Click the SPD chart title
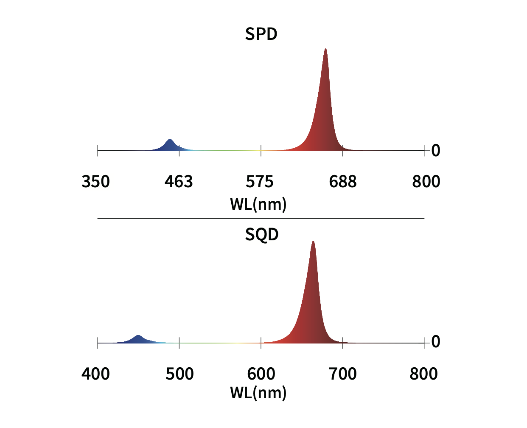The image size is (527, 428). [261, 34]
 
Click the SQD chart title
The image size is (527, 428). [261, 234]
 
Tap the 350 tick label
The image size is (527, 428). [96, 182]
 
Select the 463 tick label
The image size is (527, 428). [179, 182]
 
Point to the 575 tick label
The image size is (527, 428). [260, 182]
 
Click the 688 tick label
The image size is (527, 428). [342, 182]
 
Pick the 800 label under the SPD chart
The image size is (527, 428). [426, 182]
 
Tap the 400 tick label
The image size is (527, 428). [96, 374]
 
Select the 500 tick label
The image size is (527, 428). [179, 374]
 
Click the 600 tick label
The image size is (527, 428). [261, 374]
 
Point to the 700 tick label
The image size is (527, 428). [342, 374]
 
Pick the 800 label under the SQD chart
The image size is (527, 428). [423, 374]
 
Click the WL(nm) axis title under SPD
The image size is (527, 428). [258, 205]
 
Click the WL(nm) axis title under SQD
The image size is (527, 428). [258, 393]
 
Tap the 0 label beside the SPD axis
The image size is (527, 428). [436, 151]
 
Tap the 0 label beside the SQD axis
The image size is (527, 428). [436, 342]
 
